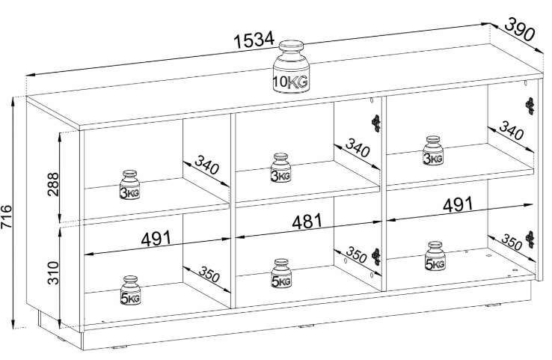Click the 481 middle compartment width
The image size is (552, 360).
[306, 222]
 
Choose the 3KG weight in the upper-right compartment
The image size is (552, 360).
[432, 150]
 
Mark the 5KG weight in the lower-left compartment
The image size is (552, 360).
[130, 291]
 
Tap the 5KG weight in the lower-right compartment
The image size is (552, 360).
[435, 256]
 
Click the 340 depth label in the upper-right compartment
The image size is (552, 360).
[509, 133]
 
